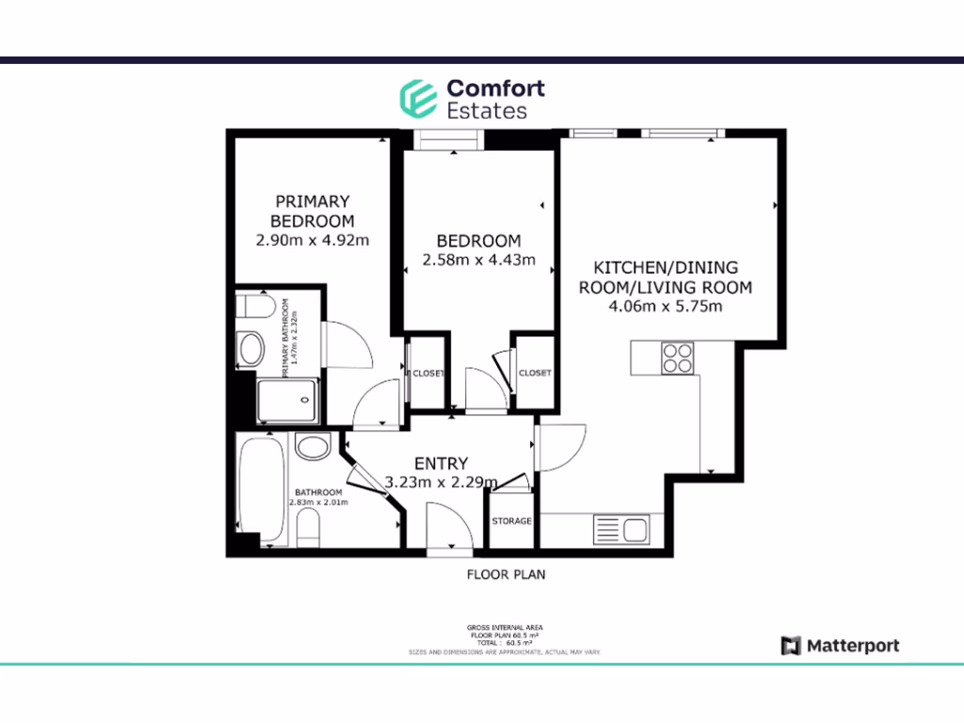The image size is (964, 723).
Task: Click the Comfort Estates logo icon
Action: coord(417,98)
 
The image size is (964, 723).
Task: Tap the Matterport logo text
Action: coord(852,646)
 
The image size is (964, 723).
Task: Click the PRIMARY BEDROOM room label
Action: coord(312,211)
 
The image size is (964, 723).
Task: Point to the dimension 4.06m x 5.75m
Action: coord(666,306)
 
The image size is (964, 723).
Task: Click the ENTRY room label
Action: coord(441,463)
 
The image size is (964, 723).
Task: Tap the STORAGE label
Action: coord(512,521)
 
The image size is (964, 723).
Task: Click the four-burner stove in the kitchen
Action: coord(677,359)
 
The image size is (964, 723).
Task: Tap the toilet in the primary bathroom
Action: coord(252,308)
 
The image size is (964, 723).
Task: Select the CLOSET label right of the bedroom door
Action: coord(534,373)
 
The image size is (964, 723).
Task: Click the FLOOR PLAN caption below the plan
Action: coord(506,573)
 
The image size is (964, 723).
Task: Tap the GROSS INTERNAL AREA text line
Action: coord(504,627)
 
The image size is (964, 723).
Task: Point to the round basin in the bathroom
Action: coord(311,445)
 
